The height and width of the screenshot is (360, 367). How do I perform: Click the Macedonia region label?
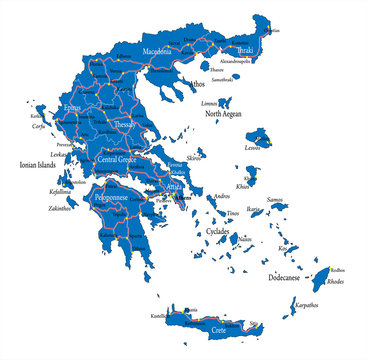pyautogui.click(x=155, y=49)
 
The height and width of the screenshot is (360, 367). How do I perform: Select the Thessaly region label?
pyautogui.click(x=125, y=125)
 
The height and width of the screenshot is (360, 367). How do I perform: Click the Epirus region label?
pyautogui.click(x=71, y=107)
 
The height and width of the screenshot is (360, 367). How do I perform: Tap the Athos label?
pyautogui.click(x=197, y=86)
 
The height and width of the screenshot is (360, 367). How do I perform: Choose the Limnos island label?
pyautogui.click(x=209, y=102)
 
